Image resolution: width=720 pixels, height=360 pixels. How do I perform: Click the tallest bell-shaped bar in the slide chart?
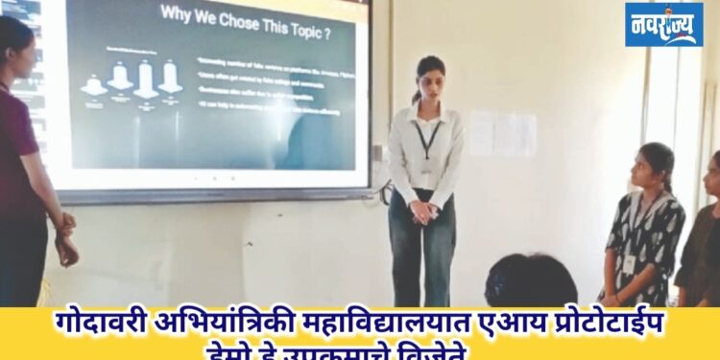146,80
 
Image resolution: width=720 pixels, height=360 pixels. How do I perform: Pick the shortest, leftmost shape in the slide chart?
93,86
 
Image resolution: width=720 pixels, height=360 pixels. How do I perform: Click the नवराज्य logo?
664,24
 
